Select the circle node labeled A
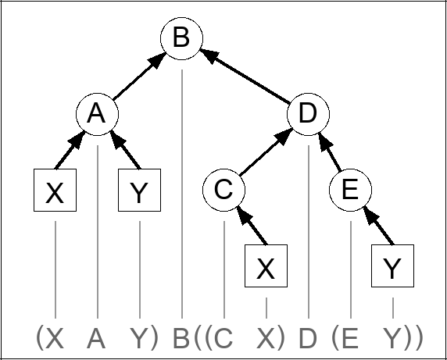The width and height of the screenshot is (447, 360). [x=97, y=114]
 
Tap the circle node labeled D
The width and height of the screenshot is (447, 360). [x=308, y=114]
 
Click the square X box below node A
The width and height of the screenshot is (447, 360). [x=55, y=191]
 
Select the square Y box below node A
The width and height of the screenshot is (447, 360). [x=139, y=191]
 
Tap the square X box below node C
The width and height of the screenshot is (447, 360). [x=266, y=266]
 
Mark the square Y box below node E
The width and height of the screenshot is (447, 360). [x=392, y=266]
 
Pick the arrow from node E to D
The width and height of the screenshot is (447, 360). [x=329, y=152]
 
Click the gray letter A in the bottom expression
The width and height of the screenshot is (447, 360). [x=97, y=338]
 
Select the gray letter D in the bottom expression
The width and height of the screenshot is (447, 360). [x=309, y=338]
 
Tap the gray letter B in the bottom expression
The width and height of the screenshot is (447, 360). [x=181, y=338]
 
